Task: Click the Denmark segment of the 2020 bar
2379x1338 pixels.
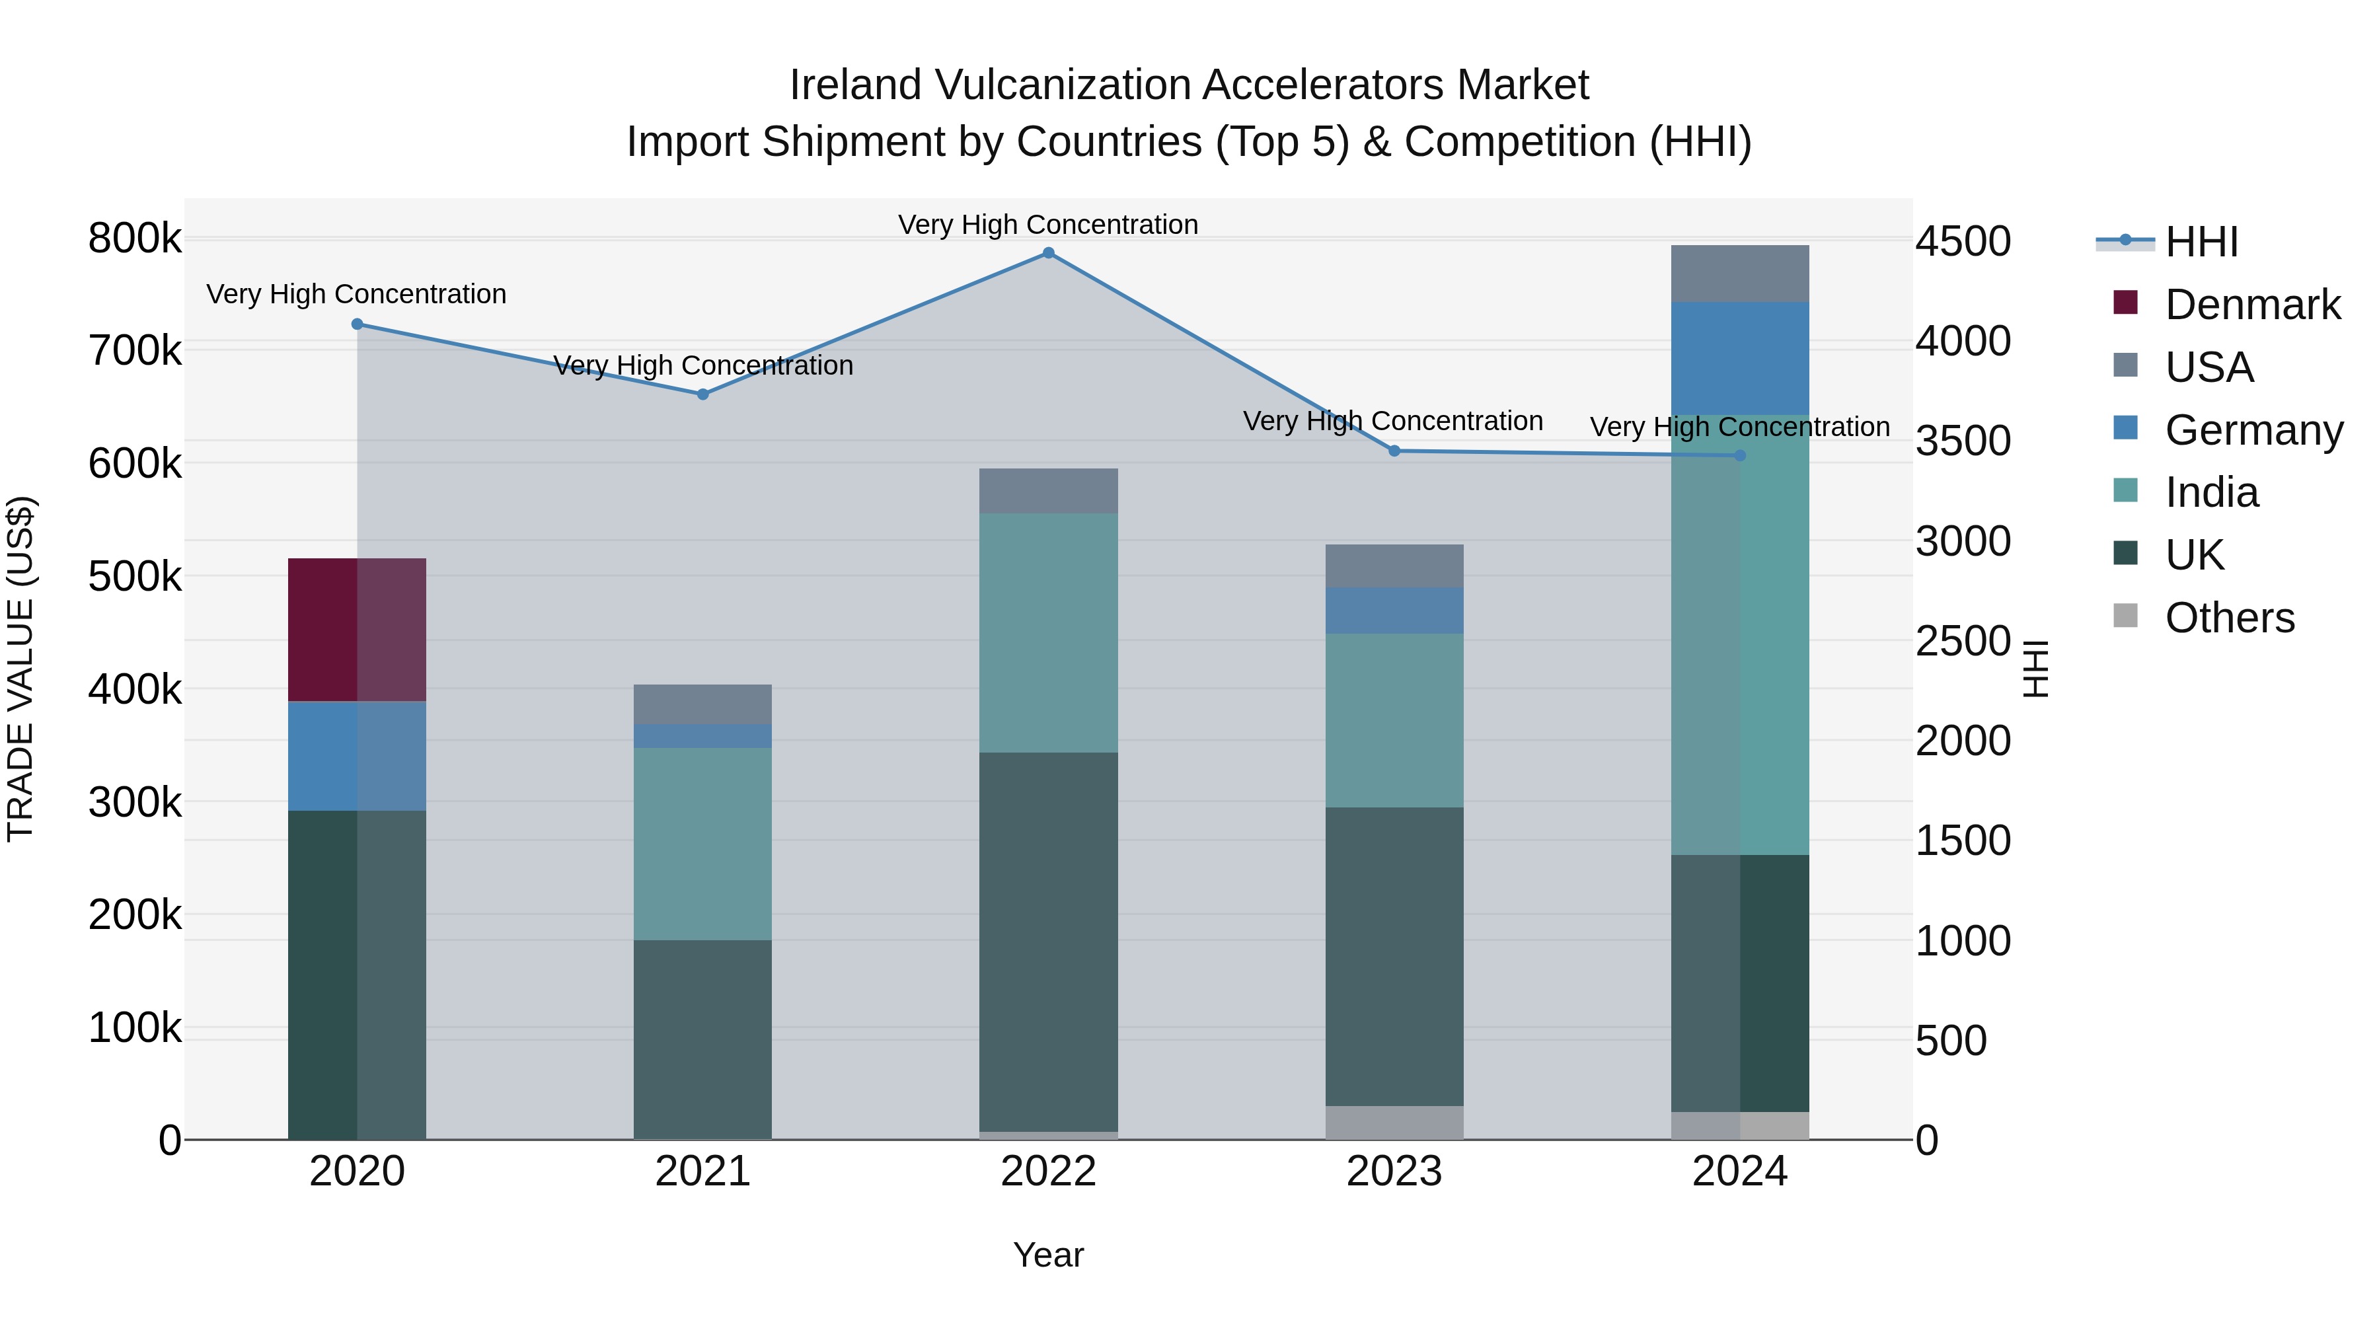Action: [x=356, y=629]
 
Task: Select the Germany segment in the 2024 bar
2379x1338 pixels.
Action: [x=1739, y=357]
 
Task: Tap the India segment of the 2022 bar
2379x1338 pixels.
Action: [x=1048, y=632]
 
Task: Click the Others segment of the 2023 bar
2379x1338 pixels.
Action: [x=1394, y=1122]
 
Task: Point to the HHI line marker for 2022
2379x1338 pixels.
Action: [x=1048, y=253]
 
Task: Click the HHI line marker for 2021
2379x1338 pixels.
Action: [x=703, y=394]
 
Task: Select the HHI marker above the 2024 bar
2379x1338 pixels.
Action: [x=1740, y=455]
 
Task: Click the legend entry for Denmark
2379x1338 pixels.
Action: [x=2251, y=305]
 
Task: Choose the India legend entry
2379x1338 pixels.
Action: [x=2211, y=492]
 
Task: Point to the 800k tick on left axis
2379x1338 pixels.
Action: [x=135, y=239]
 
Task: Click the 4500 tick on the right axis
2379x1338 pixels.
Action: [x=1963, y=241]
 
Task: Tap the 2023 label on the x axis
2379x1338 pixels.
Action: [x=1394, y=1171]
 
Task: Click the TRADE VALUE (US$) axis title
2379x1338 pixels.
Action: [x=20, y=669]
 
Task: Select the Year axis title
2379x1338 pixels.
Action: [x=1048, y=1255]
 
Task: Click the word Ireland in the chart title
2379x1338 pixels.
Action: [x=854, y=85]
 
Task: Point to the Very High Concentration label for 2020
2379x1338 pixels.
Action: [x=356, y=293]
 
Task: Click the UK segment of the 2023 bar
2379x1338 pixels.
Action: [x=1394, y=955]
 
